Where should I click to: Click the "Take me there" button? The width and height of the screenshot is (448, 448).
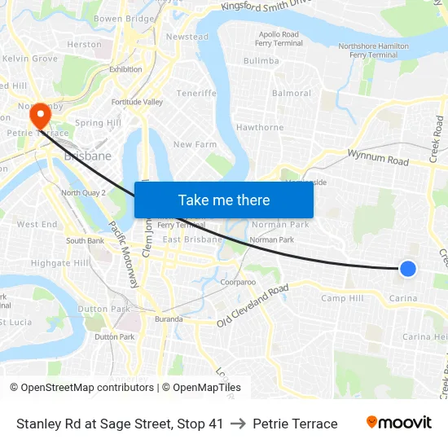224,200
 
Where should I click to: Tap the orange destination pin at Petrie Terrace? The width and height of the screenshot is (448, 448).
38,116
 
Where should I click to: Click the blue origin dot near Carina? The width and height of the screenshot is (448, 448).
408,268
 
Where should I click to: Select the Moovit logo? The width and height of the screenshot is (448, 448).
398,423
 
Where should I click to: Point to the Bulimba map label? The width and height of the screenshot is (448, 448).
261,61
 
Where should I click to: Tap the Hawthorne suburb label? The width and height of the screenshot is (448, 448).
260,128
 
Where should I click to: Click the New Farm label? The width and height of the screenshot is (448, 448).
195,144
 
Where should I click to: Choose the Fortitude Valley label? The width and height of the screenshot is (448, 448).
137,102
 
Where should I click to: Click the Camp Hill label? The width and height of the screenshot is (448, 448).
342,299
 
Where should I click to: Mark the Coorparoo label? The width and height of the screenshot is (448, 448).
238,283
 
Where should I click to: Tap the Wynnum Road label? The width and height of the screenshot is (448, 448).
378,156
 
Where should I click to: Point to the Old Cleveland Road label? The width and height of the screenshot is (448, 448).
253,306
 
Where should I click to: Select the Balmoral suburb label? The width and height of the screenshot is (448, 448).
292,94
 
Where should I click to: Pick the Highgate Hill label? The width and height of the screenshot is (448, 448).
60,263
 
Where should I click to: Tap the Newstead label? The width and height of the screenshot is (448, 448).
187,37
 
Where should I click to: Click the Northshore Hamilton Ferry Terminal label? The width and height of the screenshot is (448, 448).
373,51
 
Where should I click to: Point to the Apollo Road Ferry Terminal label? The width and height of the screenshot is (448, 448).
279,38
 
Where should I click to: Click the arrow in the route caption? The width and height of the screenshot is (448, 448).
238,424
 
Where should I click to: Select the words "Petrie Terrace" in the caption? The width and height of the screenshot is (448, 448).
295,424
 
